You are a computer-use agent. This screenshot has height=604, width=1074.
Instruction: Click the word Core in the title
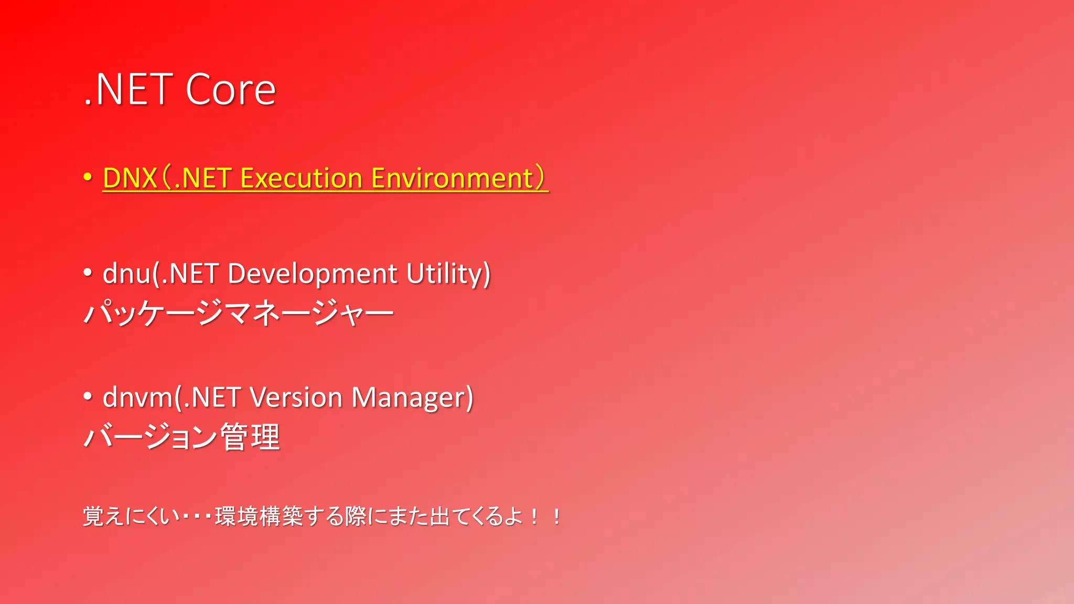click(231, 90)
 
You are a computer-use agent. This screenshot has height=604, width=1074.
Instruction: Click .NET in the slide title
click(129, 90)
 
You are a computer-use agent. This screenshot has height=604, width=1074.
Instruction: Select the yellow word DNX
click(130, 178)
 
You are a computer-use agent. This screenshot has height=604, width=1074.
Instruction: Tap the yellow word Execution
click(301, 178)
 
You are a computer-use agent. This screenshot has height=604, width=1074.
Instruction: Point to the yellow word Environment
click(452, 178)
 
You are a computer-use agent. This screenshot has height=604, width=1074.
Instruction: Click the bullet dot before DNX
click(88, 177)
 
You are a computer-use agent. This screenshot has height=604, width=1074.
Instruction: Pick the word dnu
click(126, 274)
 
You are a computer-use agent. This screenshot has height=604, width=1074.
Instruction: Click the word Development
click(313, 274)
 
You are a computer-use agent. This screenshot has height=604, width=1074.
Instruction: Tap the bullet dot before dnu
click(88, 272)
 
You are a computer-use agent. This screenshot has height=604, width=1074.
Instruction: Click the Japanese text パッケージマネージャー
click(239, 313)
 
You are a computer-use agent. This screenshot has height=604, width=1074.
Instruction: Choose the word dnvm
click(138, 397)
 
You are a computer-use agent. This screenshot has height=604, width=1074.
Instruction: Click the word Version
click(296, 397)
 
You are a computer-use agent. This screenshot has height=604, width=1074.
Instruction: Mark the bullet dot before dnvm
click(88, 396)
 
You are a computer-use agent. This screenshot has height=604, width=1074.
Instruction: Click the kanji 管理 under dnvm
click(250, 437)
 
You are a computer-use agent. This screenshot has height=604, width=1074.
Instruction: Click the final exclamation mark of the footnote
click(556, 517)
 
